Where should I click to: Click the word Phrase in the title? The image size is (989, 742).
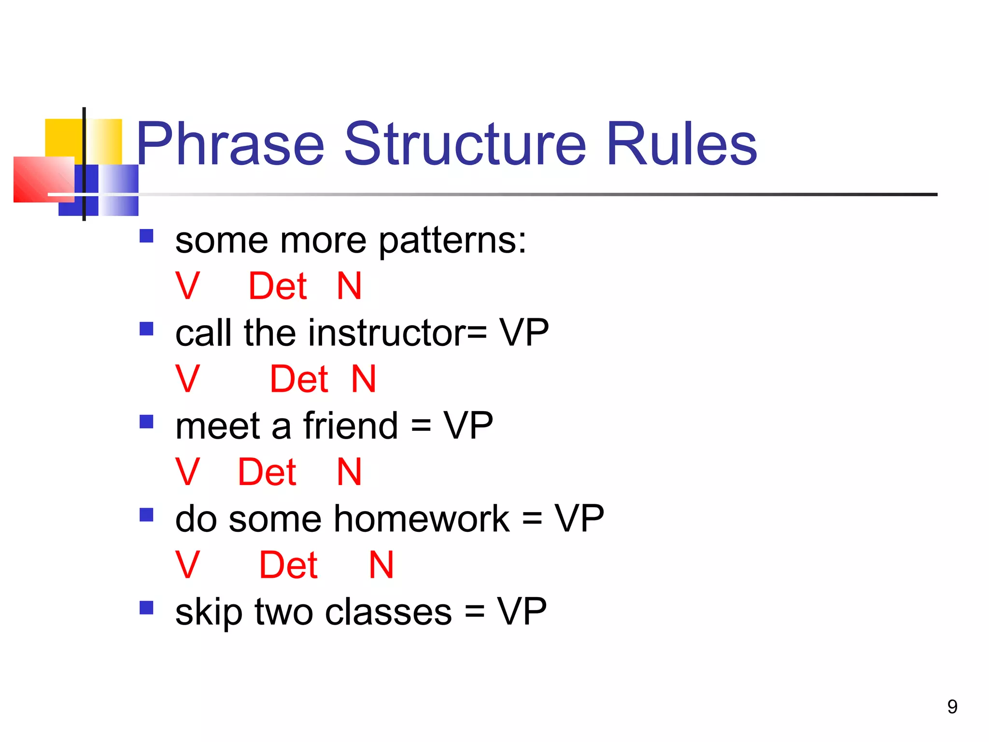(230, 144)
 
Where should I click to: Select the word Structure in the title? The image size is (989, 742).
(465, 144)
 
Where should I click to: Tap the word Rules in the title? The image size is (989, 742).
(681, 144)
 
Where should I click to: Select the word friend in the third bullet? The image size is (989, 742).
(351, 426)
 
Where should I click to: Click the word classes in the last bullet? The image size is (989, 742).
(388, 612)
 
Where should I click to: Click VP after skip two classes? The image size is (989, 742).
(522, 612)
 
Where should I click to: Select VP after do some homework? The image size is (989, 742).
(579, 519)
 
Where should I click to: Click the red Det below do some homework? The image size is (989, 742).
(288, 565)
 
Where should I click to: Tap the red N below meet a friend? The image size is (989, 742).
(349, 472)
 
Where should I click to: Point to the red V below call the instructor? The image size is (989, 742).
(187, 379)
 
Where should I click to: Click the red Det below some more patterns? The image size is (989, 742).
(278, 286)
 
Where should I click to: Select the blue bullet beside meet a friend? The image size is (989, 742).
(146, 422)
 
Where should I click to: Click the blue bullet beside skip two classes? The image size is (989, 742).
(146, 607)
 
